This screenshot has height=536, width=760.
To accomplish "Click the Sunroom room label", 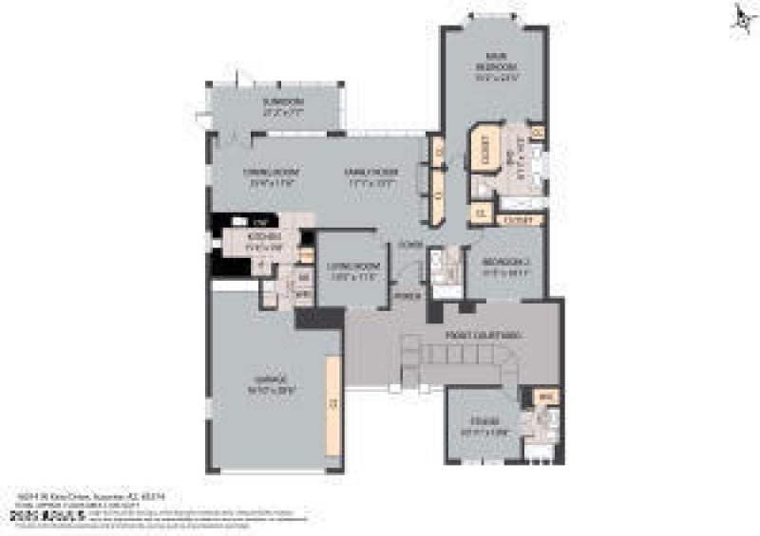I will click(x=282, y=102).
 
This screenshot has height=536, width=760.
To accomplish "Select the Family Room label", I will click(x=370, y=172).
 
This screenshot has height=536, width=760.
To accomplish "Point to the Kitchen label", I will click(x=259, y=237).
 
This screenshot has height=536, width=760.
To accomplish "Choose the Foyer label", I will click(x=409, y=244).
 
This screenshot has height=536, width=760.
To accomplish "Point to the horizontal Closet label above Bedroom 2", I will click(x=519, y=220).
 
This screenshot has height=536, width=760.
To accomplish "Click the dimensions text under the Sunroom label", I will click(x=282, y=111).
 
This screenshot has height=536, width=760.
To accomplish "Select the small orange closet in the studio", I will click(x=545, y=397).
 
